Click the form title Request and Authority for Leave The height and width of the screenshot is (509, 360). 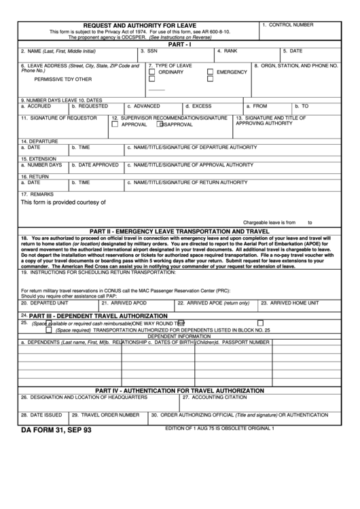[139, 24]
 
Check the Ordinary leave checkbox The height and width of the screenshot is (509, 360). [151, 71]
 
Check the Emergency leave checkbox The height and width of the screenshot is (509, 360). [211, 71]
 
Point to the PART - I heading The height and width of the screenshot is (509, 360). [180, 43]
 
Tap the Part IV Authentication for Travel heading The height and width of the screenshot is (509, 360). [180, 391]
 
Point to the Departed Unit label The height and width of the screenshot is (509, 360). [46, 302]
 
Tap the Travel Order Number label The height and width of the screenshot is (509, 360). [104, 415]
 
